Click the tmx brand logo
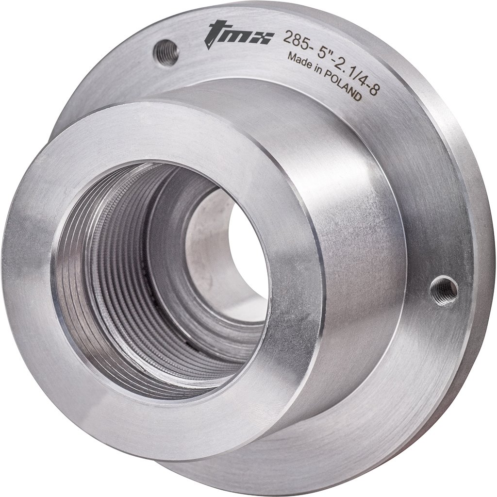coord(238,34)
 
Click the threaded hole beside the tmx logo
coord(166,51)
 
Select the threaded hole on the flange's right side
coord(444,290)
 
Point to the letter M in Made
coord(292,57)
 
